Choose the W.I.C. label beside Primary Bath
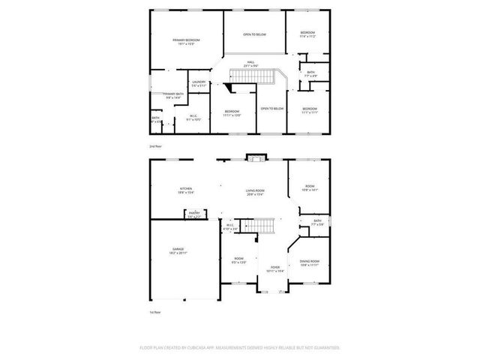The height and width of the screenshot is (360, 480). pyautogui.click(x=193, y=115)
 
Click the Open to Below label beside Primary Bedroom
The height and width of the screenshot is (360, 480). pyautogui.click(x=254, y=34)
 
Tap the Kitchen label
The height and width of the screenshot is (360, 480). pyautogui.click(x=185, y=188)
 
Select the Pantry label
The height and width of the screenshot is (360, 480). pyautogui.click(x=193, y=213)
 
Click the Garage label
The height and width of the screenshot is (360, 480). pyautogui.click(x=178, y=249)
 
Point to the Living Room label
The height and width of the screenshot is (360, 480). pyautogui.click(x=255, y=191)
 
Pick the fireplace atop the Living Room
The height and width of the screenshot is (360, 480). pyautogui.click(x=255, y=157)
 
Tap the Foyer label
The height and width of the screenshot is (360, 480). pyautogui.click(x=275, y=266)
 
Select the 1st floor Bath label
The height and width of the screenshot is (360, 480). pyautogui.click(x=319, y=220)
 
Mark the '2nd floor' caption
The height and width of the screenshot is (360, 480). pyautogui.click(x=155, y=146)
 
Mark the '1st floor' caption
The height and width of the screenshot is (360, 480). pyautogui.click(x=155, y=311)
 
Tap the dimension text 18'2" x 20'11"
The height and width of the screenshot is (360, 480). pyautogui.click(x=178, y=253)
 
